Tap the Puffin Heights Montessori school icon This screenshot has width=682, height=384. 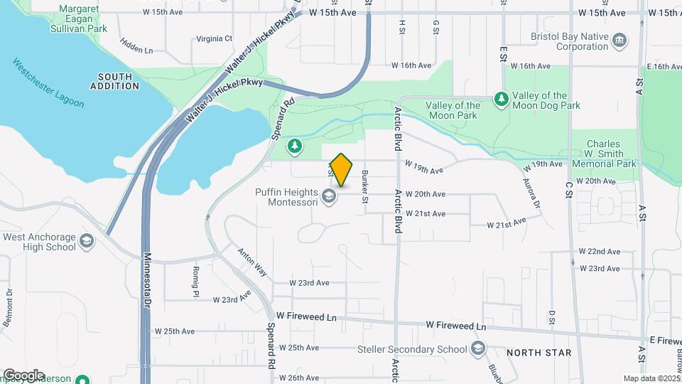(329, 194)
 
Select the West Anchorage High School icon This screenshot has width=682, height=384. (87, 241)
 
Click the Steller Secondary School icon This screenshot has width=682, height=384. (478, 348)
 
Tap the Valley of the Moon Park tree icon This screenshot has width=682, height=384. (502, 97)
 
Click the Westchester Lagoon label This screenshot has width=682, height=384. (48, 82)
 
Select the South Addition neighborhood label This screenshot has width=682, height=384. (115, 81)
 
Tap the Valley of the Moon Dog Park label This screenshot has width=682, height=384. (546, 100)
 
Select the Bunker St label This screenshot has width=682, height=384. (365, 186)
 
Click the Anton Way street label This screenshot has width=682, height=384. (252, 262)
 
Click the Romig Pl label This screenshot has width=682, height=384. (195, 280)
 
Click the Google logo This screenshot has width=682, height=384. (23, 375)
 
